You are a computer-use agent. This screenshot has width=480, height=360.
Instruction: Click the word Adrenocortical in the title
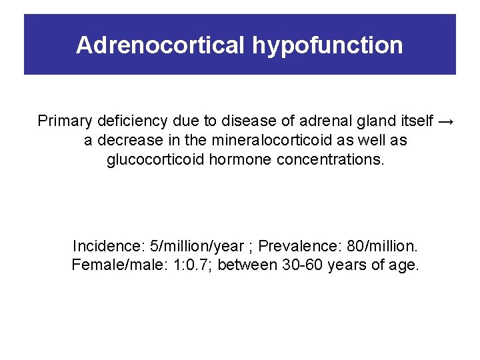coord(161,45)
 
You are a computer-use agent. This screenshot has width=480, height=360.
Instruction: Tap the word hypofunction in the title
coord(327,45)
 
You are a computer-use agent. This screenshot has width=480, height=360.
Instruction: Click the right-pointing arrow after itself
coord(446,121)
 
